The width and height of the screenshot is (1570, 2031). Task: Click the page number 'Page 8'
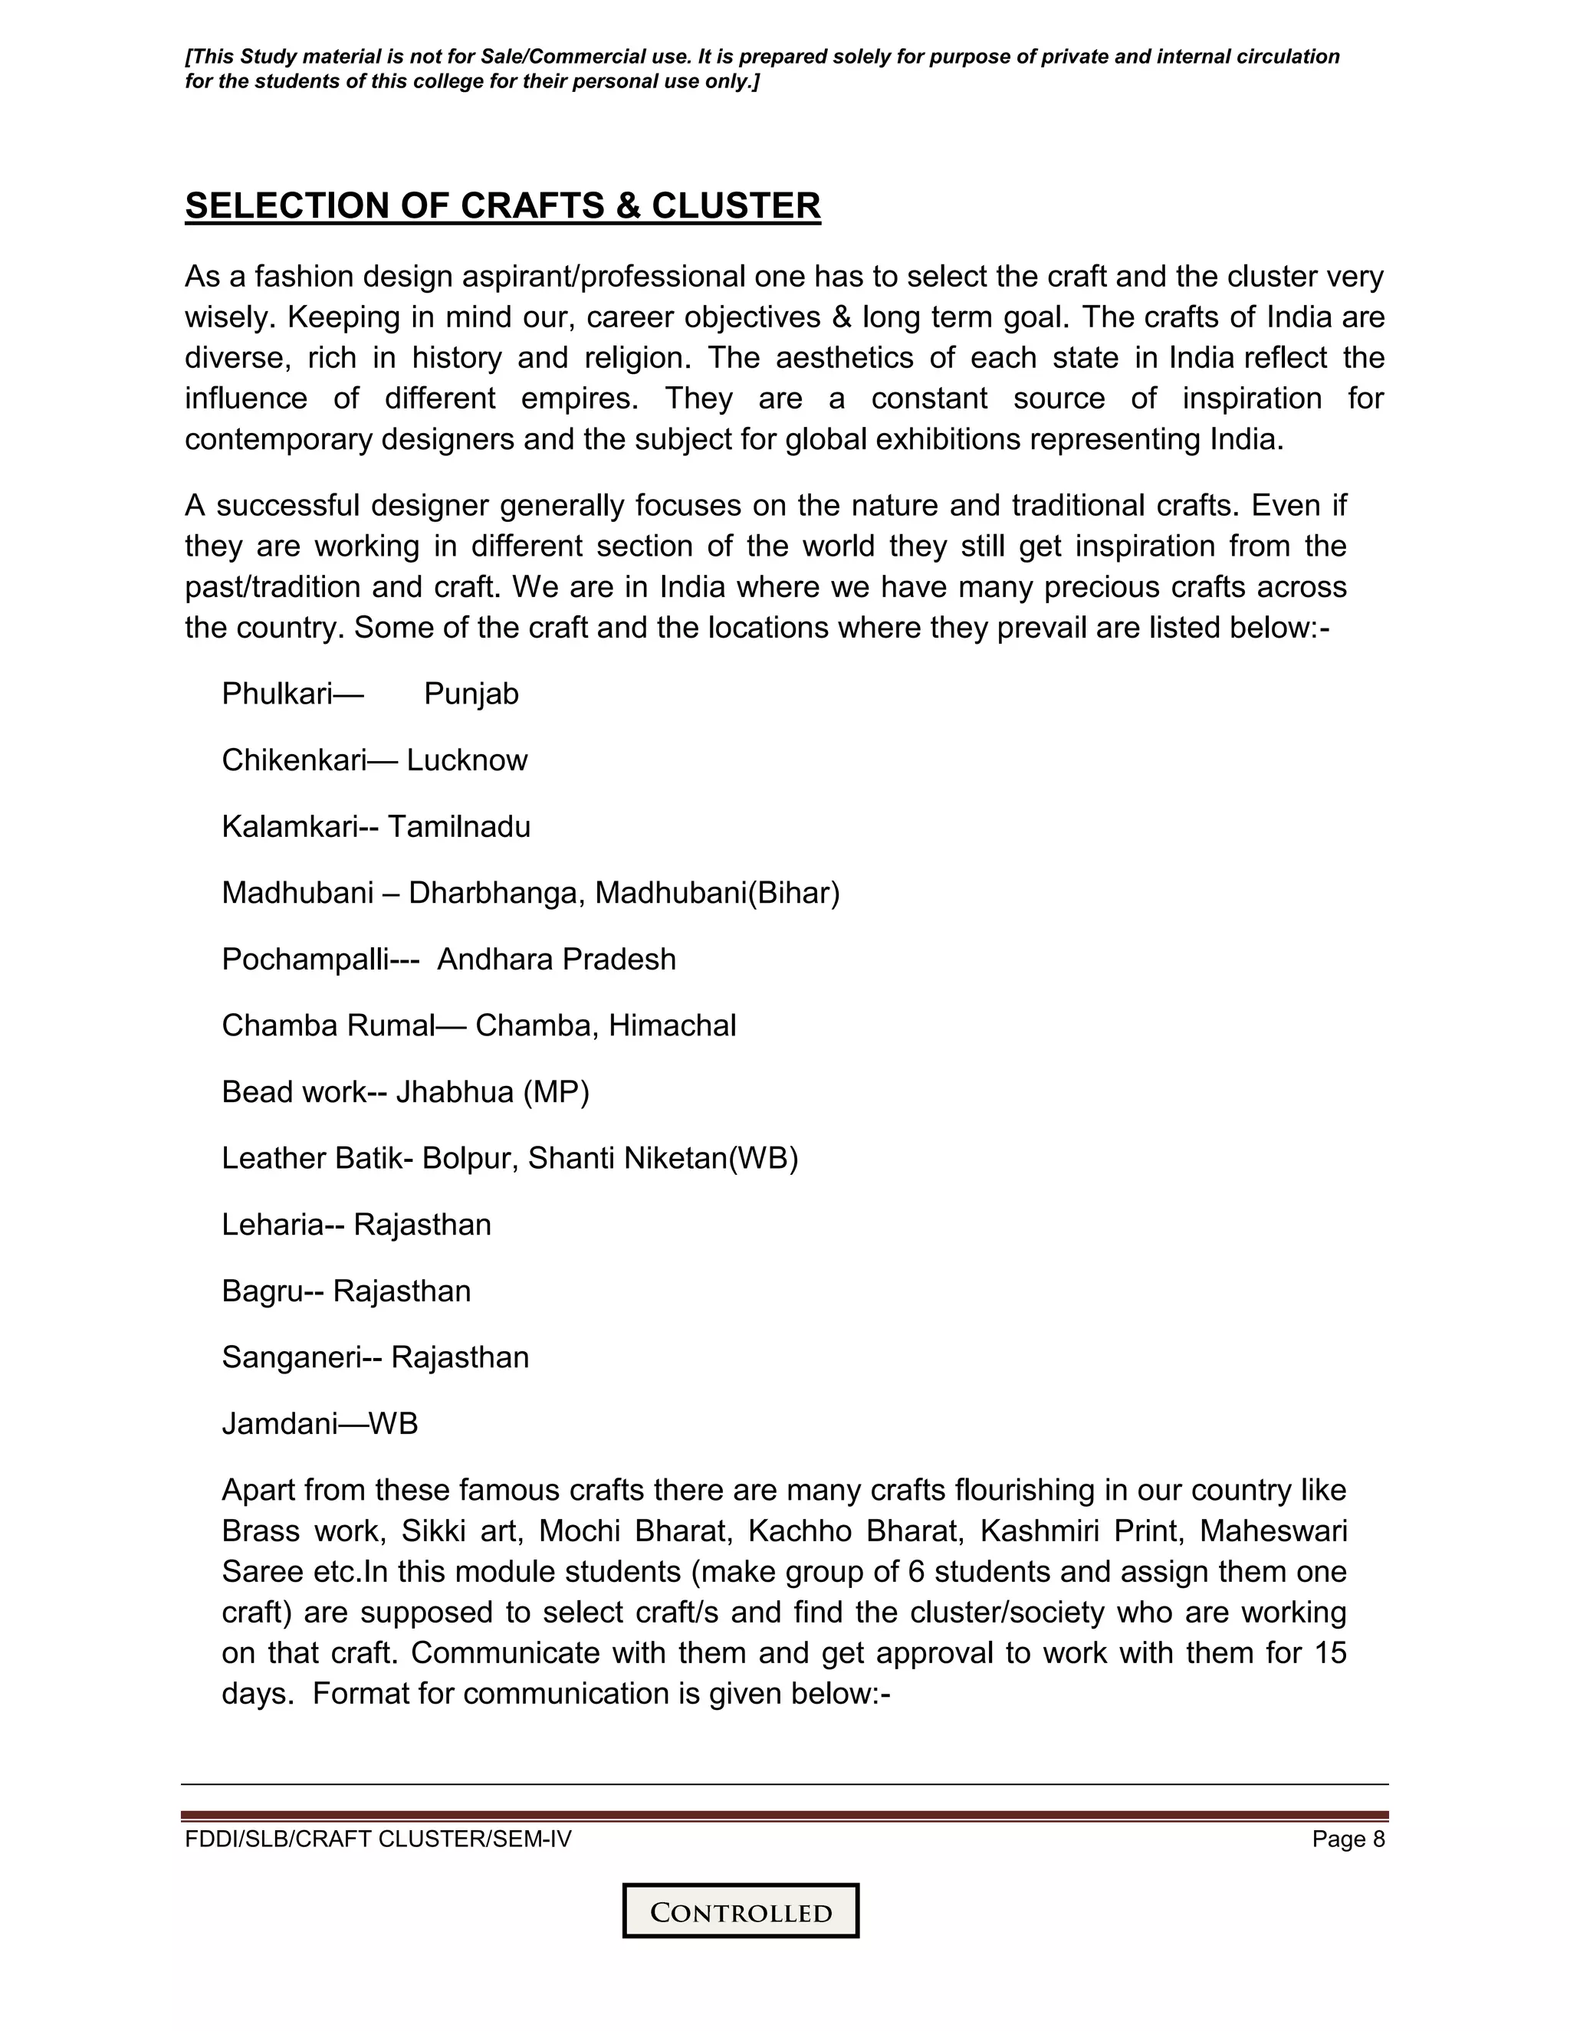[1348, 1839]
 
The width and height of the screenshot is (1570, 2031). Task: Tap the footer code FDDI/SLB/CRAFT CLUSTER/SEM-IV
[378, 1839]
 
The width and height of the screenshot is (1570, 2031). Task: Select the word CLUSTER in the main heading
[734, 205]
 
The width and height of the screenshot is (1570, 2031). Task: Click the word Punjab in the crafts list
[471, 694]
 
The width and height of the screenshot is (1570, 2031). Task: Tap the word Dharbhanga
[497, 893]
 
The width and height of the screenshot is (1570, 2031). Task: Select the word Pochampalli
[304, 959]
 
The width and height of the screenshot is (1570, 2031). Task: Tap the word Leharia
[271, 1224]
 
